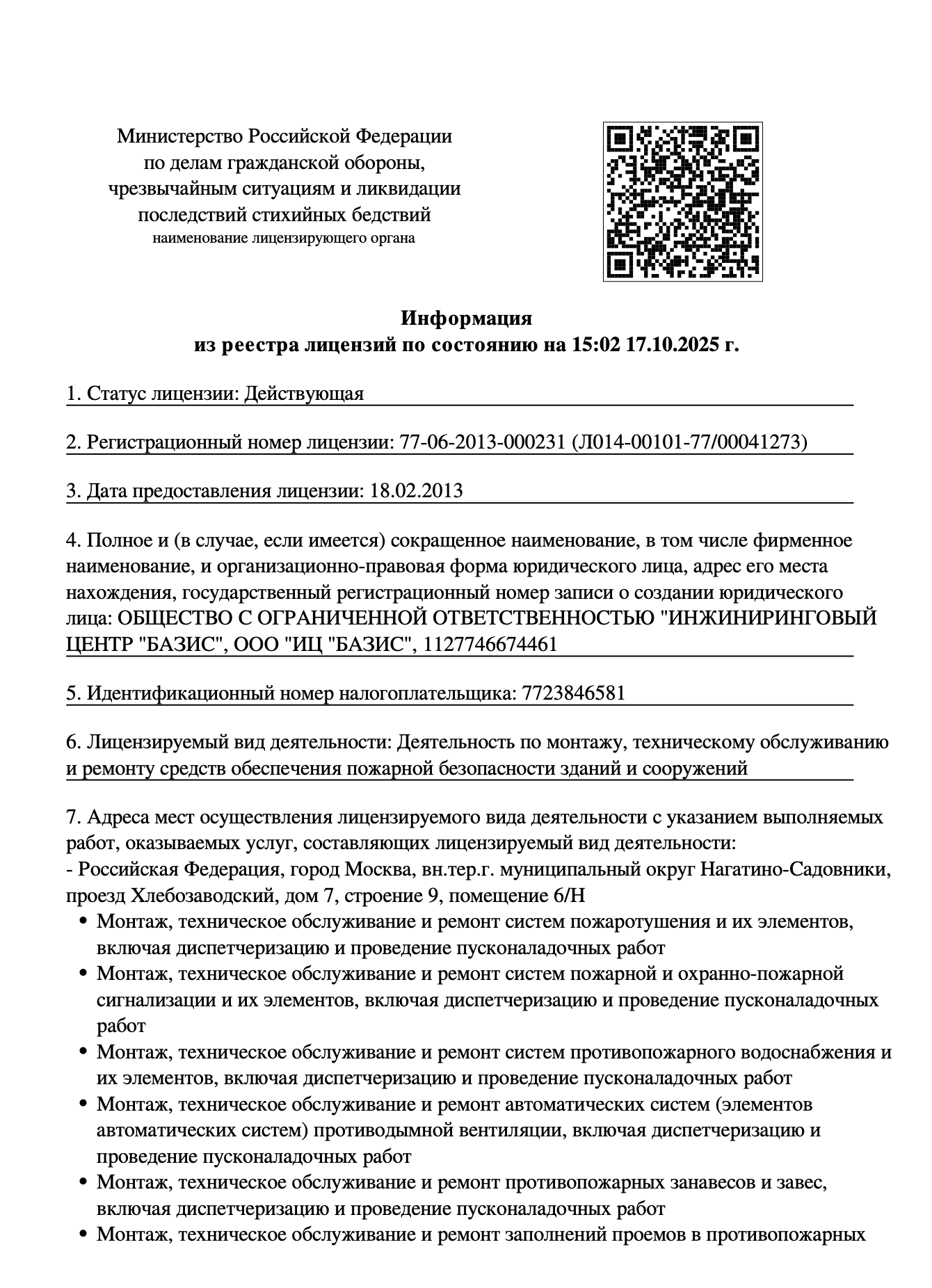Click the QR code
pos(682,202)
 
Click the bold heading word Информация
pos(466,319)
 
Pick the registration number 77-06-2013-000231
pos(482,442)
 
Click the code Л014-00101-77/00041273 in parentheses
pos(689,442)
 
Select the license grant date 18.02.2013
pos(417,491)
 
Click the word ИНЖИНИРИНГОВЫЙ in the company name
pos(771,618)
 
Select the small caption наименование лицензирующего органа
pos(284,239)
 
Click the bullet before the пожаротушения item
pos(83,923)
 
